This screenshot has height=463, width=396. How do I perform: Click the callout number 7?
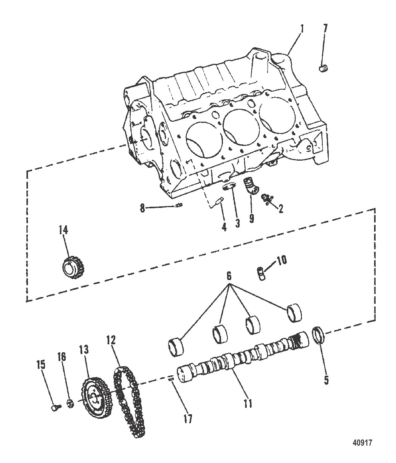coord(325,28)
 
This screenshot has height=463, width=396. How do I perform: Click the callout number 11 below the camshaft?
coord(247,403)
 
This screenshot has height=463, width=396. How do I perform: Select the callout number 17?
coord(188,418)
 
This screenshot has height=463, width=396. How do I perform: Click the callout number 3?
coord(237,223)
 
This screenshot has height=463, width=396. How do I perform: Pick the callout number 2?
coord(280,208)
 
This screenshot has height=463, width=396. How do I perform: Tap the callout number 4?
coord(224,227)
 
